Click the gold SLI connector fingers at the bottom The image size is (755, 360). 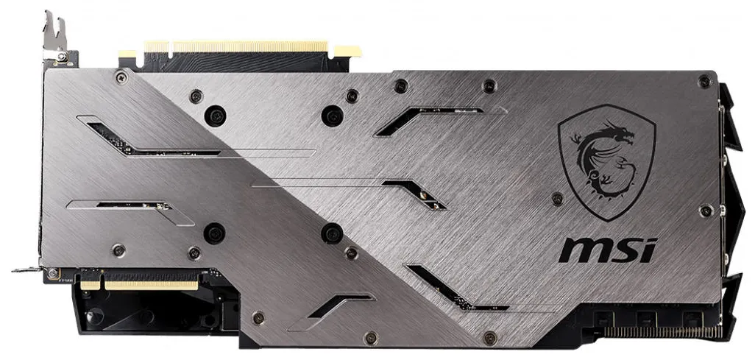[139, 285]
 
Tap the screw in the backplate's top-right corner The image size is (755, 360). [704, 81]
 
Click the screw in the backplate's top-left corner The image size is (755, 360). [121, 76]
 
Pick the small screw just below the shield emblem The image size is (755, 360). [558, 199]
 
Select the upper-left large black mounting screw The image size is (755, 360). [215, 116]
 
